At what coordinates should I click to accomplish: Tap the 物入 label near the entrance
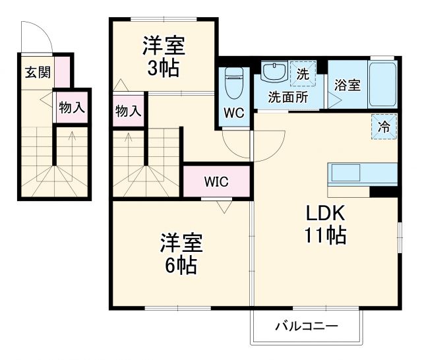point(71,109)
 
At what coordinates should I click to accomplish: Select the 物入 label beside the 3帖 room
point(127,110)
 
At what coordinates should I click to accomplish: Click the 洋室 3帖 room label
point(163,57)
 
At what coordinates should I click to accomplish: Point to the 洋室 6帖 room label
point(180,254)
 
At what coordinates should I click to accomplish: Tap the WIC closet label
point(216,182)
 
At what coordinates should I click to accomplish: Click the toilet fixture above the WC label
point(233,84)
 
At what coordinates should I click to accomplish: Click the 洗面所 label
point(287,96)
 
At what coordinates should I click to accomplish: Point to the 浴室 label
point(347,85)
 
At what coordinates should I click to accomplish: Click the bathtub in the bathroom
point(382,85)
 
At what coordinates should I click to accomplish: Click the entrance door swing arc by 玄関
point(36,36)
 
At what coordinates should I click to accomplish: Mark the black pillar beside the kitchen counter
point(384,192)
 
